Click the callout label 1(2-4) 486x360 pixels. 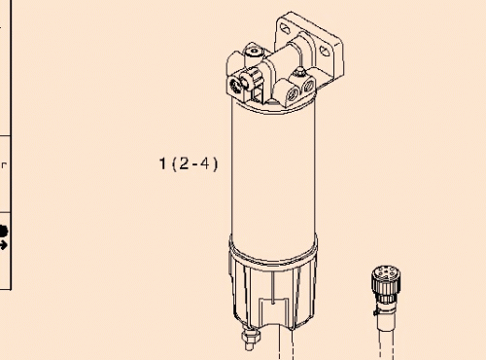click(189, 164)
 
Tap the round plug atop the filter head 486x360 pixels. click(256, 50)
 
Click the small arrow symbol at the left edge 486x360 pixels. click(4, 245)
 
